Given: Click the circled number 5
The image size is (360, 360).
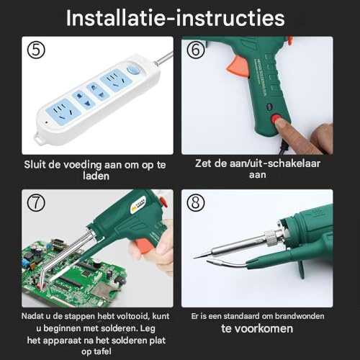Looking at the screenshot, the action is tap(36, 50).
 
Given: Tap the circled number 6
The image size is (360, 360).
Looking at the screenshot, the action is tap(196, 50).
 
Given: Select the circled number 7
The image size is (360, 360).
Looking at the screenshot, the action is tap(36, 203).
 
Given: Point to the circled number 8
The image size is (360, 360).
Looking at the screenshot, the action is tap(196, 203).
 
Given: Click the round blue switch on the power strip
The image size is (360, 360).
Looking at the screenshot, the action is tap(132, 69).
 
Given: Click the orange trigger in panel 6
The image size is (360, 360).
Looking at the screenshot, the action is tap(238, 66).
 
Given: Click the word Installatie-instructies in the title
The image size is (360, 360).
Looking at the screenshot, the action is tap(175, 18).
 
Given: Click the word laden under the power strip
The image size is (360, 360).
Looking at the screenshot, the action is tap(96, 176).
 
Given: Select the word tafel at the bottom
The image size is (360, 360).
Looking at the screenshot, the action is tap(102, 351).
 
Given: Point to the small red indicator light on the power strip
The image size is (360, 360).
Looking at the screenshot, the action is tap(46, 122).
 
